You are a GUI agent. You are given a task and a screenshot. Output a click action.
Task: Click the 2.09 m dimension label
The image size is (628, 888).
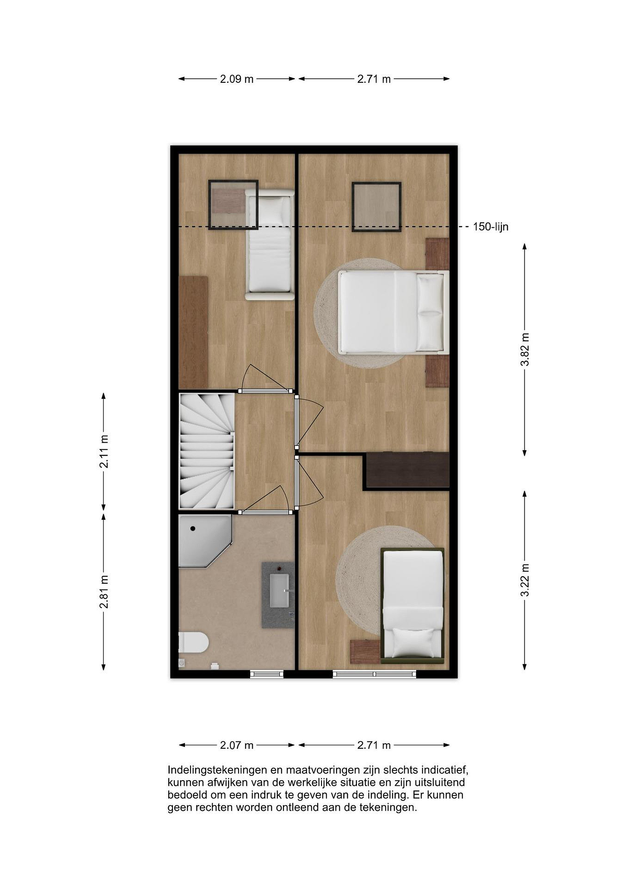(x=237, y=79)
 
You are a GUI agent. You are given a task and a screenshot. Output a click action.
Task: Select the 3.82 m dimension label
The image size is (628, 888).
(x=525, y=349)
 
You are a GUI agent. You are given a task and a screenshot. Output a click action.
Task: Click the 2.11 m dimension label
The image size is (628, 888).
(x=104, y=451)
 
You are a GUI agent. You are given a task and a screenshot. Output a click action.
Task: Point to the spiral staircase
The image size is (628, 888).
(x=207, y=451)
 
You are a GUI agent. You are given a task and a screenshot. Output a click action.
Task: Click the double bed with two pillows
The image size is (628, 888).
(x=393, y=313)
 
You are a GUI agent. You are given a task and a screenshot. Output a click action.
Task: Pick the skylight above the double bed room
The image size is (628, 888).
(x=376, y=207)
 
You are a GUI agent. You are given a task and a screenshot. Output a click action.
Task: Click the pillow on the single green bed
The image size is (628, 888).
(x=413, y=642)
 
